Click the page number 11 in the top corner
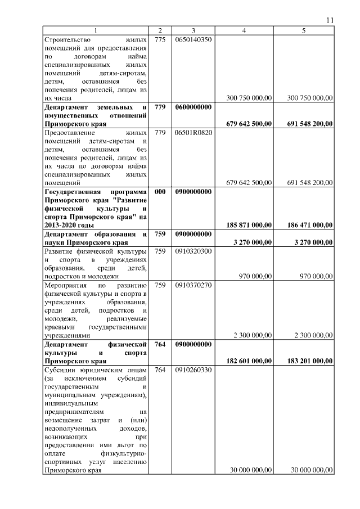click(x=330, y=20)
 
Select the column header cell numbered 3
click(x=193, y=30)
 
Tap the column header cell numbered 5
click(x=304, y=30)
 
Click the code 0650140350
click(x=193, y=40)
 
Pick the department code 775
click(x=160, y=40)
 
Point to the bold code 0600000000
click(x=193, y=107)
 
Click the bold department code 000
click(x=160, y=191)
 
